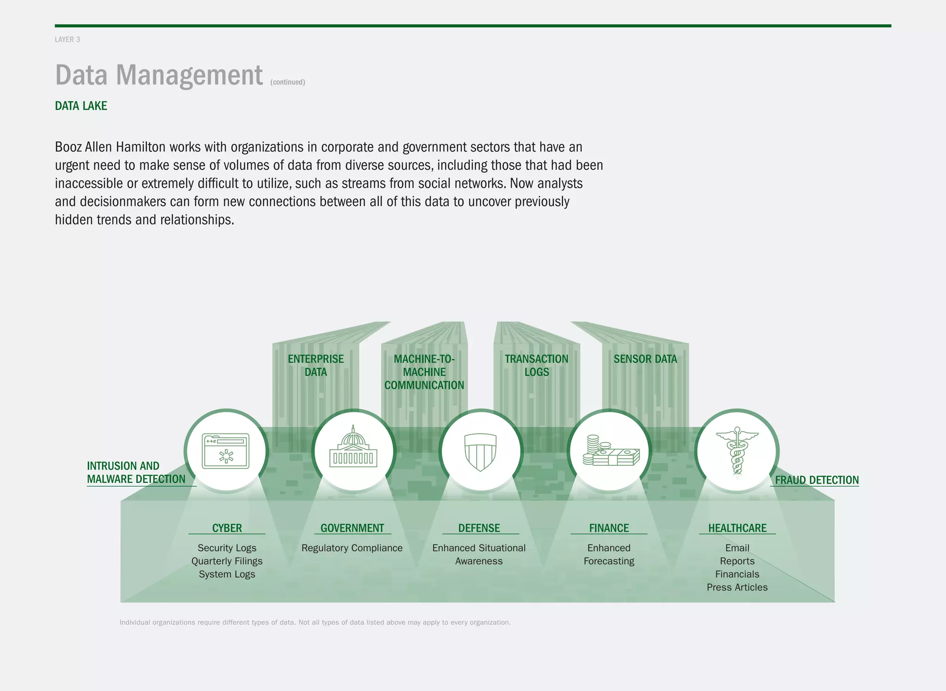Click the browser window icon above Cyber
pos(226,451)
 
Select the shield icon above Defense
pos(480,451)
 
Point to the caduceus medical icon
pos(737,451)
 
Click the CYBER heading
pos(227,528)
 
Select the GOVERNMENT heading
pos(352,528)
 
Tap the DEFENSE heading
pos(479,528)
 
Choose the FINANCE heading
pos(609,528)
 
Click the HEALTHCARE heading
pos(737,528)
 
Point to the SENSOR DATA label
pos(645,359)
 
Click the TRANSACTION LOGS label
pos(536,366)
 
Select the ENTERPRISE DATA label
pos(315,366)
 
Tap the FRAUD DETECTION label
pos(817,480)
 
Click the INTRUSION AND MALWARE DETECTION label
pos(136,473)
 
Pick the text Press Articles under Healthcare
pos(737,587)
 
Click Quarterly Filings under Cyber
pos(227,561)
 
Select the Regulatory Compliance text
pos(352,548)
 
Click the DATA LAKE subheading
pos(81,106)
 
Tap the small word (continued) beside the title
pos(287,82)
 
